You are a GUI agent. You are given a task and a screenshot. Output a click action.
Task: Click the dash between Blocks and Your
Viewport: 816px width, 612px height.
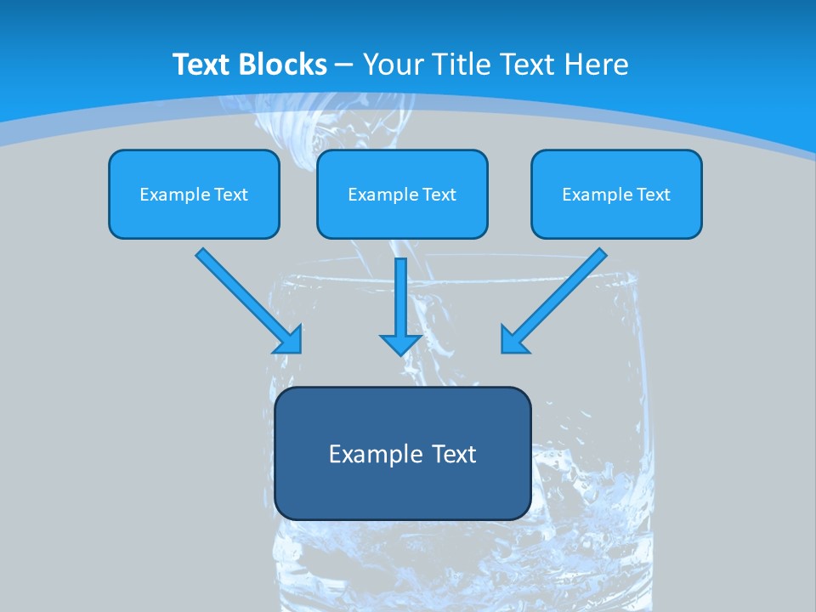pos(344,65)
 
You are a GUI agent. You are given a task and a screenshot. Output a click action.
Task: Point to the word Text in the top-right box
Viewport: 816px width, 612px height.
pos(654,195)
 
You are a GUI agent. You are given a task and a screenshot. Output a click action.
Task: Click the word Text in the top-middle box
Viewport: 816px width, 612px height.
pos(439,195)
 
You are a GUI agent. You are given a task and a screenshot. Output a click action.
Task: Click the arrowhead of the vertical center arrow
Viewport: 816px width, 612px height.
pos(400,343)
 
